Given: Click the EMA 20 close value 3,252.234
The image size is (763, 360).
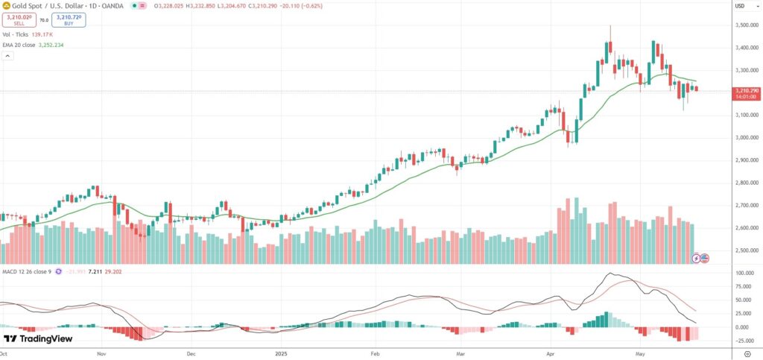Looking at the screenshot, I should (68, 45).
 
